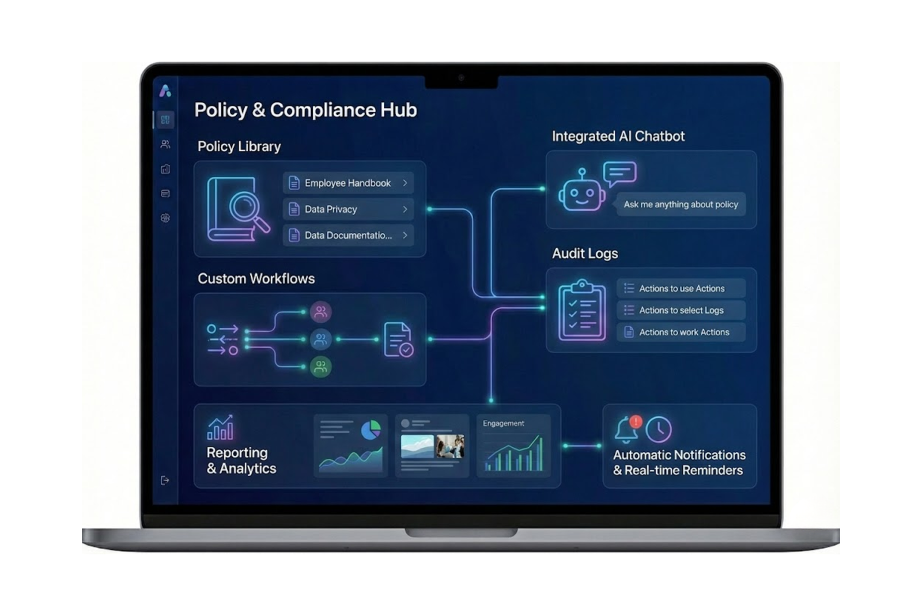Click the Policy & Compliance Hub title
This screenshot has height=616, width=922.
(305, 110)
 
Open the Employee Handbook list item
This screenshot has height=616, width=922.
(348, 183)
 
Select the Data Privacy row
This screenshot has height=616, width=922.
(348, 209)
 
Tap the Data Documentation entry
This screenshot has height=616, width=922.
(348, 235)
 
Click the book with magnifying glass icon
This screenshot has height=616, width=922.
(237, 209)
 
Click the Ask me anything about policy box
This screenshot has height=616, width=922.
(681, 205)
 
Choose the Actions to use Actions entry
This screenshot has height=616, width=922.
(681, 288)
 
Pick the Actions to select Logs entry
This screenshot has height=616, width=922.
(681, 310)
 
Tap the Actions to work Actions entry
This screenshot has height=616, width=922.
(681, 332)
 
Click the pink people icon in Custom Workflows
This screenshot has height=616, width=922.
(320, 312)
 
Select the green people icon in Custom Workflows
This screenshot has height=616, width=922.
(320, 366)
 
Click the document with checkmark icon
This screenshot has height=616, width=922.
(398, 340)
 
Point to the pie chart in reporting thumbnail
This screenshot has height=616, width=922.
(371, 430)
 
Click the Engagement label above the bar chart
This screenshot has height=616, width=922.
(503, 424)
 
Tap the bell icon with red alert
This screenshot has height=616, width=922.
(627, 429)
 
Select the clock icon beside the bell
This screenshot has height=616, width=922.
(659, 429)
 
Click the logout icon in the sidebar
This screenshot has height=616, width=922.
(165, 480)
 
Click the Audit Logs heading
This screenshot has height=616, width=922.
(584, 254)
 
